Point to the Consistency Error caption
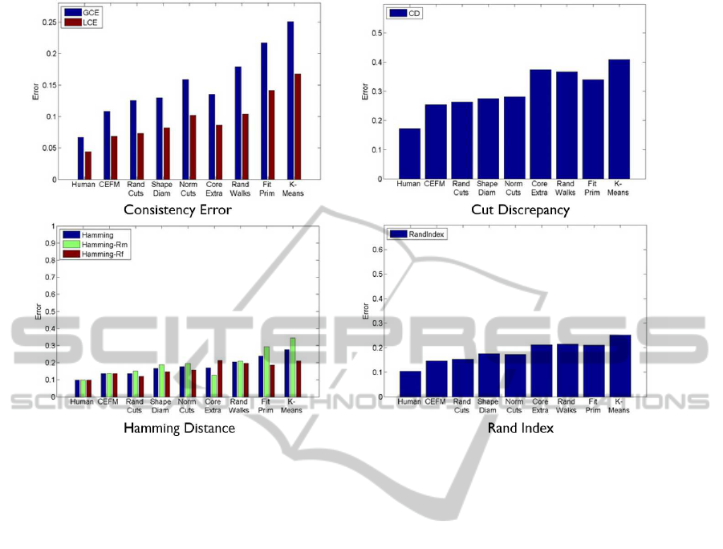179,209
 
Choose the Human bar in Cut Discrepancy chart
408,153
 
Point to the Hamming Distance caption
179,428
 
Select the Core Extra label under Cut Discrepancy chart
541,188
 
